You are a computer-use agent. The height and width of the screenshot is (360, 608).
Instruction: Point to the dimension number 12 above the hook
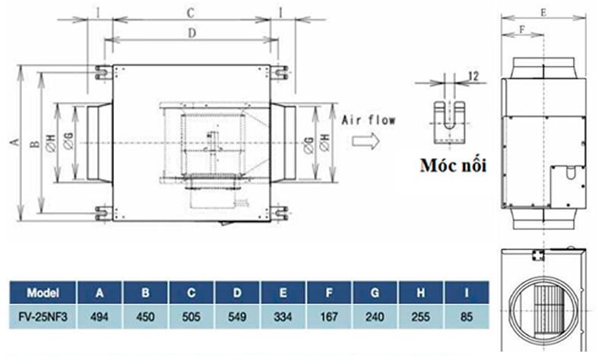pos(473,75)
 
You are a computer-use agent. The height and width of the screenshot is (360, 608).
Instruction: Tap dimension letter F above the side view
pos(521,29)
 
